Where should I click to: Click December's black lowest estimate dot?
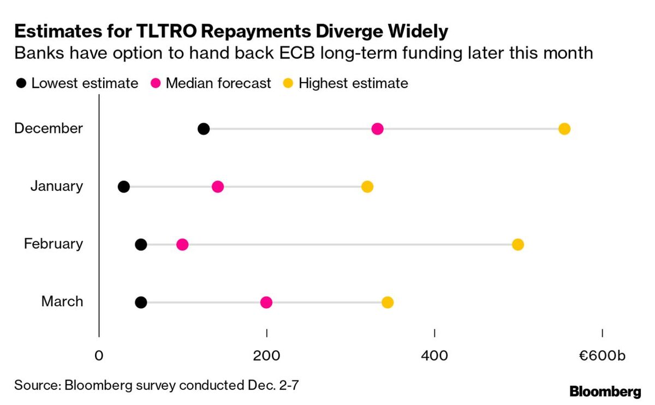204,129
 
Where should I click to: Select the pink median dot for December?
377,129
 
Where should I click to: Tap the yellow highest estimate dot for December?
564,129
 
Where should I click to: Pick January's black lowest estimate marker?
124,187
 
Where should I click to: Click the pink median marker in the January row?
218,187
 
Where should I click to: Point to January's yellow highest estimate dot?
367,187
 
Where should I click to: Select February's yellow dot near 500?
518,244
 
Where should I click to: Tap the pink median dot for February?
182,244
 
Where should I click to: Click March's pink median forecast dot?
266,302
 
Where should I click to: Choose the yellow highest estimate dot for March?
388,302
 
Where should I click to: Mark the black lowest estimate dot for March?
141,302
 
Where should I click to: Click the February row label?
53,244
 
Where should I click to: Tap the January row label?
57,186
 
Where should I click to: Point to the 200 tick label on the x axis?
266,356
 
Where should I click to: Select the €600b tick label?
602,356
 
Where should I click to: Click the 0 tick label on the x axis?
99,356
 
